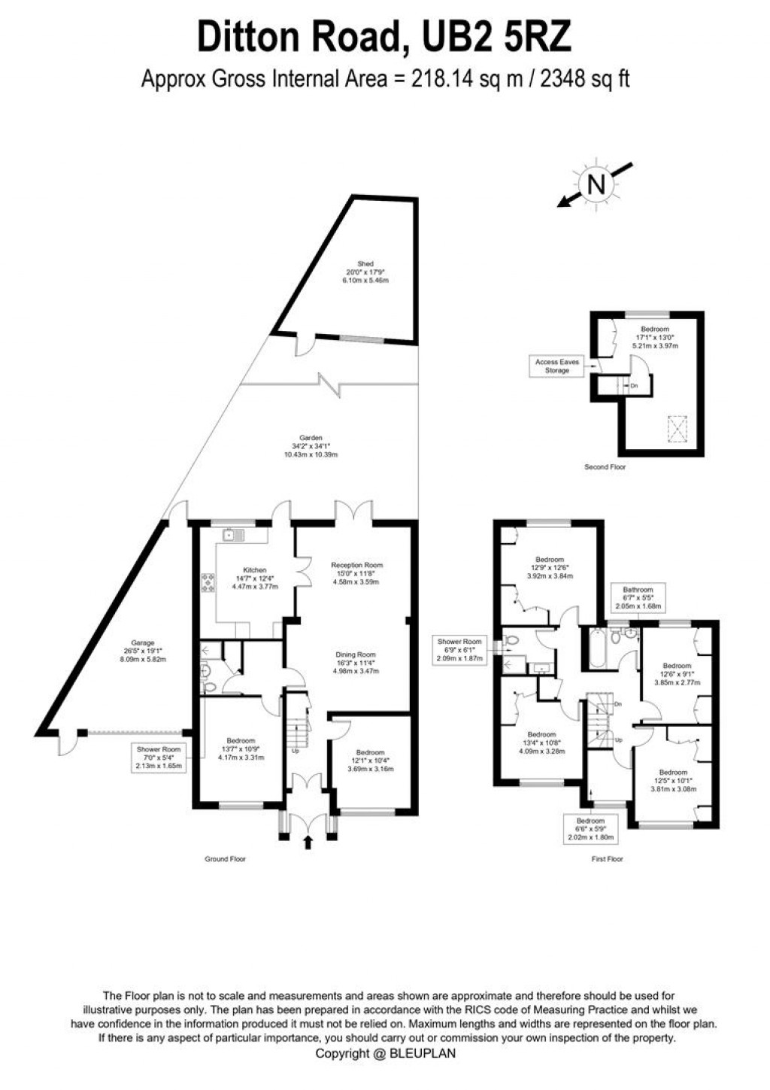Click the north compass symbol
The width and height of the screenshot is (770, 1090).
click(x=596, y=184)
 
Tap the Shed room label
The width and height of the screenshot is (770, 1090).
click(x=365, y=264)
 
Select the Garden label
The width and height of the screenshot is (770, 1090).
click(x=311, y=438)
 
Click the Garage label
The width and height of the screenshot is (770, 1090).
click(x=143, y=643)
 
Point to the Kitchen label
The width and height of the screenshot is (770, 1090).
click(x=255, y=570)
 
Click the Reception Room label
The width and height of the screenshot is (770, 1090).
click(x=357, y=565)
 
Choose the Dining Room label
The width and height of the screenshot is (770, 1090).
click(x=356, y=655)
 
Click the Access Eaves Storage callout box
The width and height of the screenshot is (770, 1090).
click(x=557, y=366)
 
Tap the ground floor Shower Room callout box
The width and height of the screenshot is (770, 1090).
click(x=158, y=758)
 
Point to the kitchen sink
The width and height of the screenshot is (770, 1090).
click(x=233, y=536)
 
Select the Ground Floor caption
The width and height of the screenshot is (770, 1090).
click(x=226, y=859)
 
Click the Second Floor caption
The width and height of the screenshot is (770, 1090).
click(x=605, y=467)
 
